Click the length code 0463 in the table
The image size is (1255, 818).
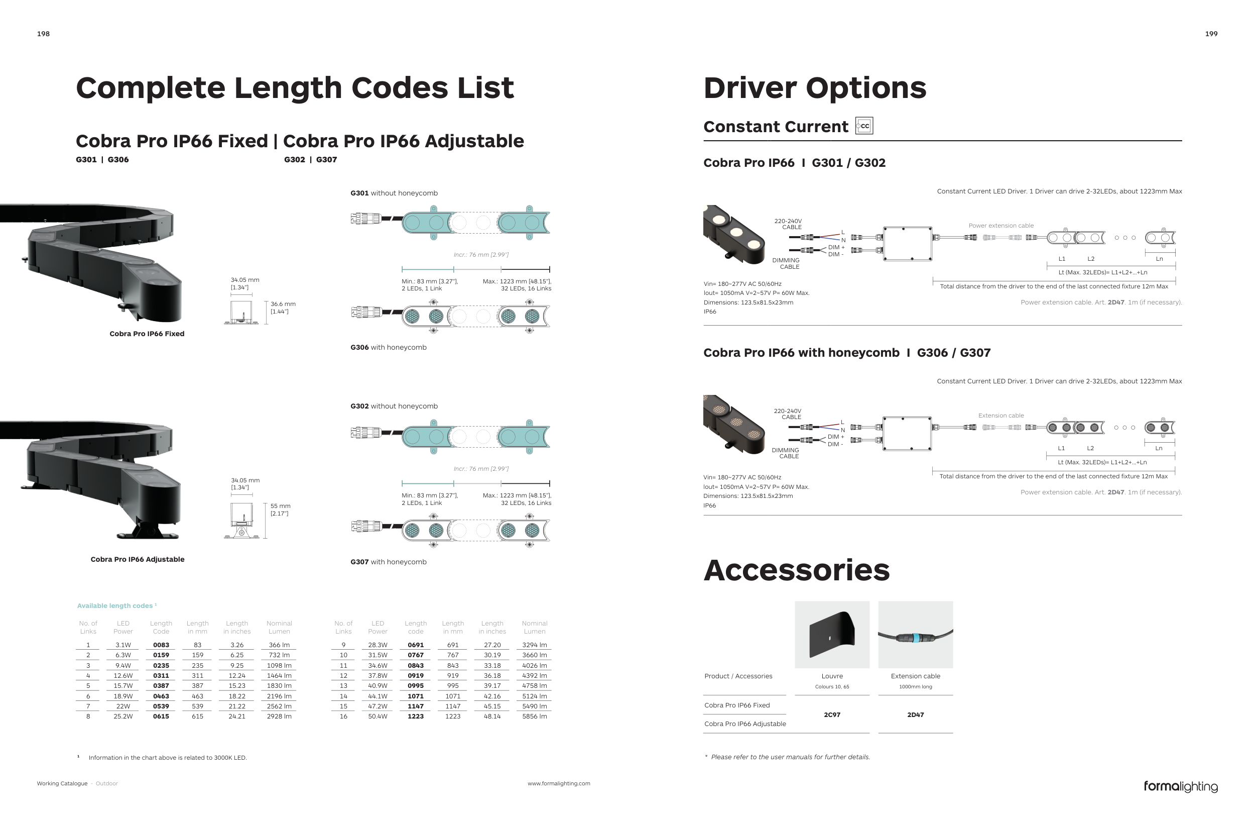(x=161, y=696)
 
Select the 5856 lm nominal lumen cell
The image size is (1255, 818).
(x=534, y=717)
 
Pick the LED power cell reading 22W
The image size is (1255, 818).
(x=123, y=706)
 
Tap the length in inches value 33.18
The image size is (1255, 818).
(x=492, y=665)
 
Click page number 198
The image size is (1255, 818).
(x=43, y=34)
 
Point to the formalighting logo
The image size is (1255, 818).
(x=1180, y=786)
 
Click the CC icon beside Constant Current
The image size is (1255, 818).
(x=864, y=126)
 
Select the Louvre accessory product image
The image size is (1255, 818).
(x=832, y=634)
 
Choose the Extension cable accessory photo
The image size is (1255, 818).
(x=916, y=634)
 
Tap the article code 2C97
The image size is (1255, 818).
(x=832, y=714)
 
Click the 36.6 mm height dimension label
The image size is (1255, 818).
(x=283, y=308)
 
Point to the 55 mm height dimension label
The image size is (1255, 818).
(x=280, y=510)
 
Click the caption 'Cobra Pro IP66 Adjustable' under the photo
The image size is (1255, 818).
(x=137, y=559)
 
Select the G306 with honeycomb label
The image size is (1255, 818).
(x=388, y=347)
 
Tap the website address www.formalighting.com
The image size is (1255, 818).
(x=558, y=784)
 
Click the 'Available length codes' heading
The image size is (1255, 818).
(x=115, y=606)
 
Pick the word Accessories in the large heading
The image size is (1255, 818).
(x=796, y=570)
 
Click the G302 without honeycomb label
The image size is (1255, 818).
(x=394, y=406)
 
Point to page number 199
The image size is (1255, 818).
(x=1211, y=34)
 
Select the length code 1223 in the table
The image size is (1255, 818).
(x=416, y=717)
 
